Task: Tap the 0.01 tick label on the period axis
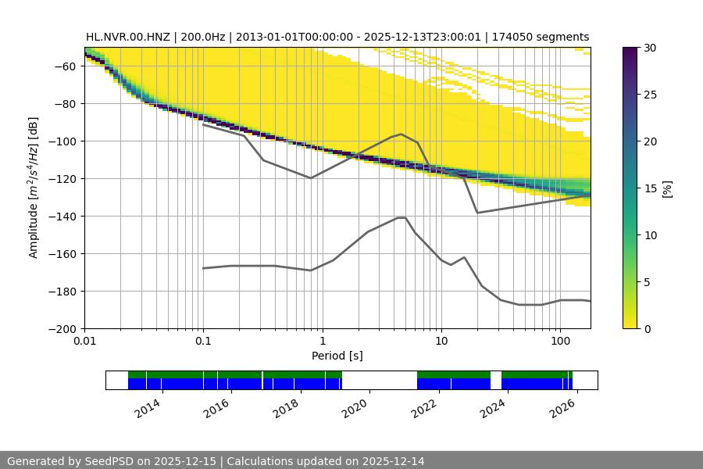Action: (84, 342)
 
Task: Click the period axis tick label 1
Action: (322, 342)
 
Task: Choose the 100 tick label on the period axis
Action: (559, 342)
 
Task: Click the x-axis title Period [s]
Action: (337, 356)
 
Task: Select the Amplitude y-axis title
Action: (34, 188)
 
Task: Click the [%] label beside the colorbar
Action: (666, 188)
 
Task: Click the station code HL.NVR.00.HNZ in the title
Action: (130, 37)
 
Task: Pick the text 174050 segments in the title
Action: (541, 37)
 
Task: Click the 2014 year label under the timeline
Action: (146, 407)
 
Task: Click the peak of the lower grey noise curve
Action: (401, 217)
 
